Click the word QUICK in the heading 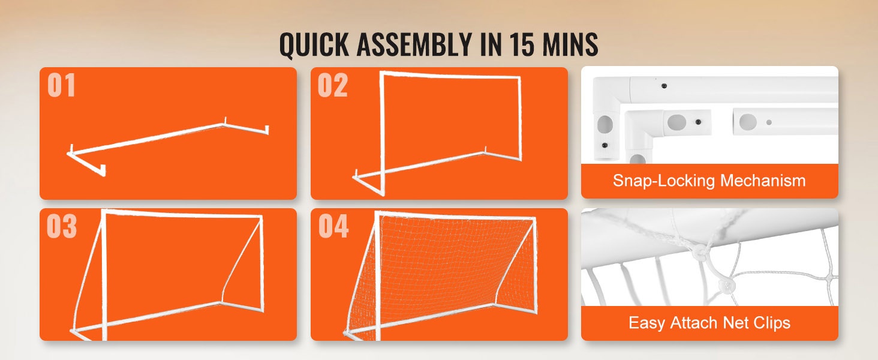(314, 44)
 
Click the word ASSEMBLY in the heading (414, 44)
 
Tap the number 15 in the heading (522, 44)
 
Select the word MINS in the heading (570, 44)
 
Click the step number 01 (61, 85)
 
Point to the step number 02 (332, 85)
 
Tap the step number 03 (62, 226)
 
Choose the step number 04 (333, 226)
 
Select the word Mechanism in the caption (763, 181)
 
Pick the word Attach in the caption (694, 322)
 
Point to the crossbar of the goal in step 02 (451, 75)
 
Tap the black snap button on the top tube (663, 86)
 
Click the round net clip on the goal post (699, 251)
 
